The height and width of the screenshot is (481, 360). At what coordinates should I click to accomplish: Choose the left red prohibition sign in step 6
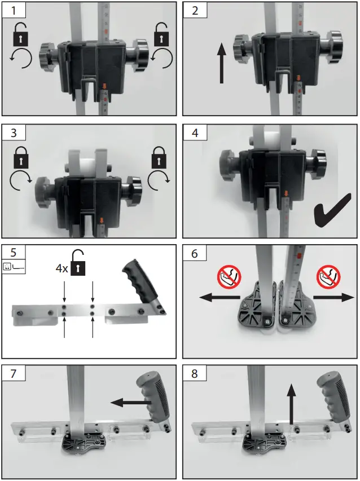[228, 277]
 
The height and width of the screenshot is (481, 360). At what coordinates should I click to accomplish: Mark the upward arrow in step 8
[291, 403]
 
